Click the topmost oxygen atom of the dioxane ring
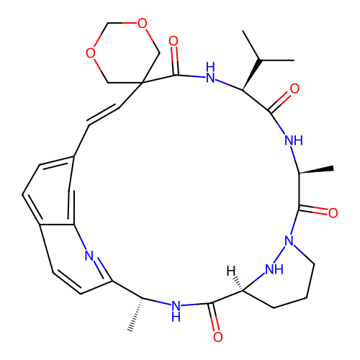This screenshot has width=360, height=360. click(x=142, y=23)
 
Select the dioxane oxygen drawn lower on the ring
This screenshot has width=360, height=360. click(x=91, y=53)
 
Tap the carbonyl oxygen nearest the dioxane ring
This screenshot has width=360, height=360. click(x=174, y=41)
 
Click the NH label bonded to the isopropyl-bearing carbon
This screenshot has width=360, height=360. click(x=210, y=73)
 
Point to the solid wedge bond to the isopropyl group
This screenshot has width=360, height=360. click(x=251, y=75)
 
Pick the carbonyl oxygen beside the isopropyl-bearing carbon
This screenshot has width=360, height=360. click(x=294, y=89)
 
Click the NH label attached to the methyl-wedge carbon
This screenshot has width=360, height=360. click(x=294, y=140)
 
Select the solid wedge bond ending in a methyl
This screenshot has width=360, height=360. click(x=316, y=170)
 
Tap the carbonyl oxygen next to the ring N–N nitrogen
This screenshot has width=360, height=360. click(x=333, y=213)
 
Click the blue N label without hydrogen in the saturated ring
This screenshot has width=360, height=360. click(x=289, y=240)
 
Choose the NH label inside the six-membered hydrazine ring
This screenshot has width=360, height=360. click(x=274, y=269)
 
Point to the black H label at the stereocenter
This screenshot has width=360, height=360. click(x=231, y=271)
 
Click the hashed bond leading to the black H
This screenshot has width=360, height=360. click(x=238, y=284)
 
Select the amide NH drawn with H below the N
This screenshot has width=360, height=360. click(x=176, y=311)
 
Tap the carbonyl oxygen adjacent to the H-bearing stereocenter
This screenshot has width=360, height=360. click(x=217, y=337)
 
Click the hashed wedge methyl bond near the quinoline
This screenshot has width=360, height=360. click(x=136, y=315)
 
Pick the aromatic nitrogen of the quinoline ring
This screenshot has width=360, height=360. click(x=89, y=256)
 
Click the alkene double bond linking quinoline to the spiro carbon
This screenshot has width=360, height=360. click(x=103, y=114)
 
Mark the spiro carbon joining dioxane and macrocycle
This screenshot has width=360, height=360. click(x=142, y=83)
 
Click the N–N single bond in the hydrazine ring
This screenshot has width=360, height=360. click(x=279, y=254)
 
